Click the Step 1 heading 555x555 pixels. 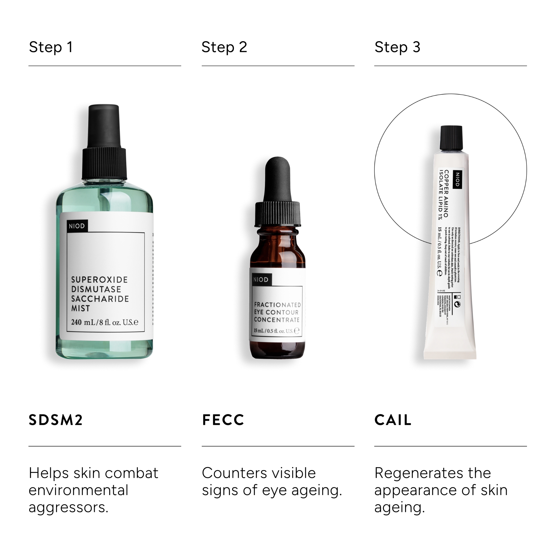click(x=51, y=47)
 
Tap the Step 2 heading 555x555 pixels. click(x=224, y=47)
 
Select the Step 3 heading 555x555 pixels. click(x=397, y=47)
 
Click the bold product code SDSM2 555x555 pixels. click(x=56, y=420)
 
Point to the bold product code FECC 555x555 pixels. click(x=223, y=420)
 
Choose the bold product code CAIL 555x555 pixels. click(x=393, y=420)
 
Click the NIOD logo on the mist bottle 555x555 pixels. click(x=77, y=226)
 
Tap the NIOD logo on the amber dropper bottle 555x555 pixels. click(x=261, y=279)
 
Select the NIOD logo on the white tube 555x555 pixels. click(x=458, y=180)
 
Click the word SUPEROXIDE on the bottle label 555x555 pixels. click(x=99, y=279)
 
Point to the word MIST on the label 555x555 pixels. click(x=80, y=308)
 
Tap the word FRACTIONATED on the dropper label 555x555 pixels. click(x=277, y=305)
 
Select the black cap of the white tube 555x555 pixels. click(x=451, y=138)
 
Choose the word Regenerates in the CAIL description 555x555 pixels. click(x=418, y=473)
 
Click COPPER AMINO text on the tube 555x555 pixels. click(x=446, y=193)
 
